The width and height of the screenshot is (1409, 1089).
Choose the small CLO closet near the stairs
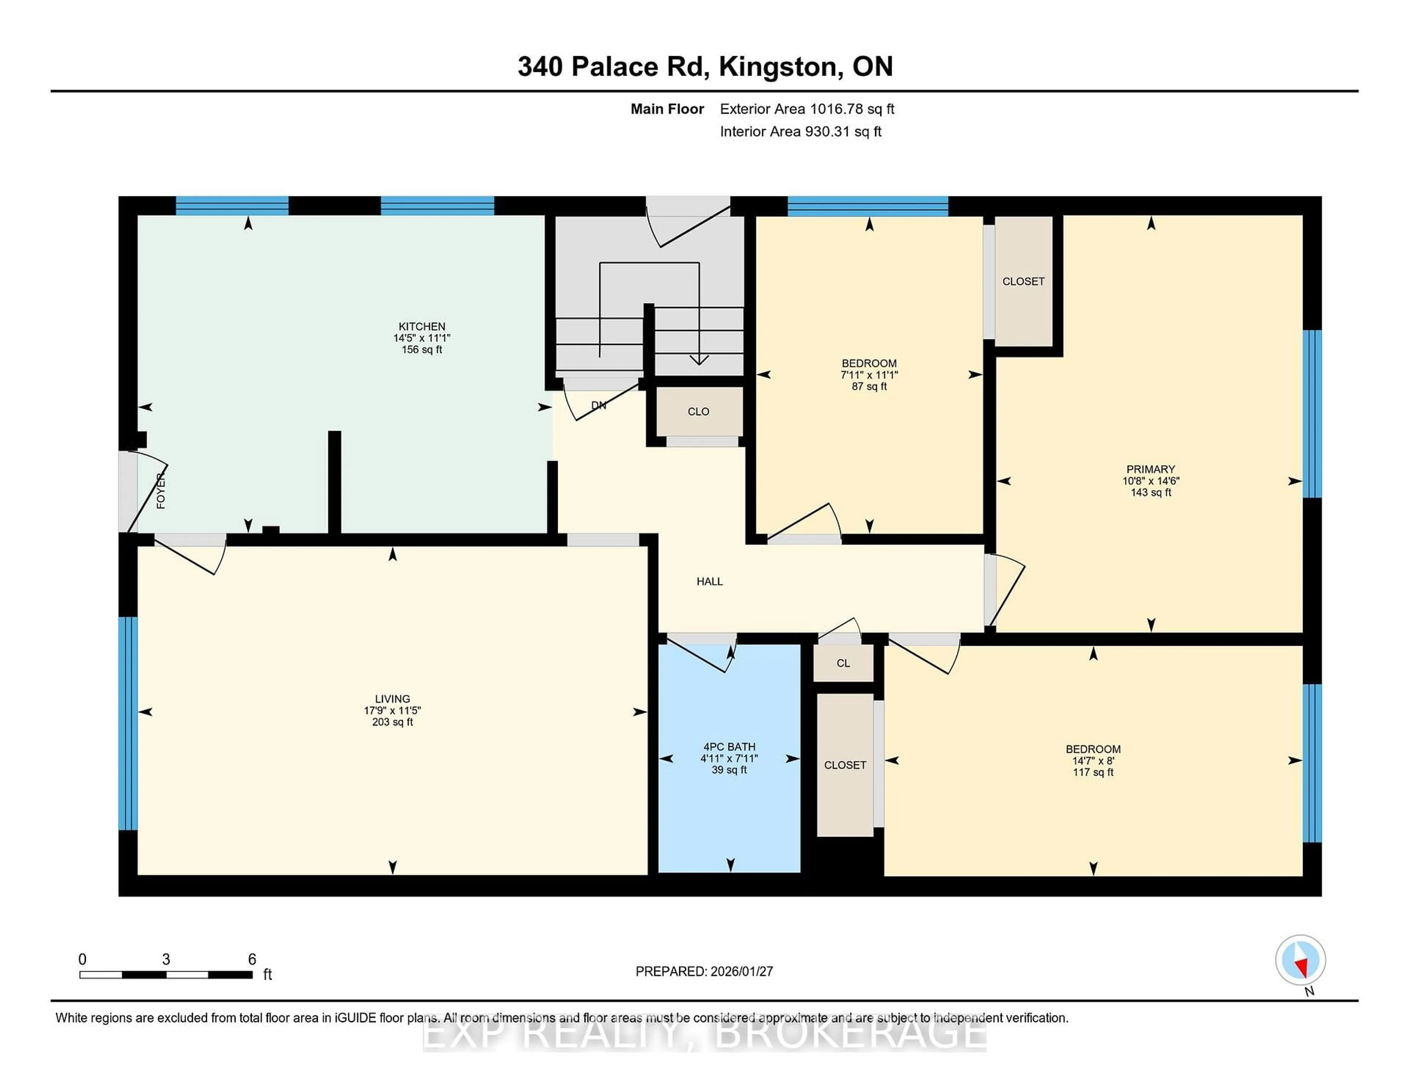[x=698, y=412]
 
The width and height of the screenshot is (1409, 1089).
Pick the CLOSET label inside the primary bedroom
[x=1023, y=281]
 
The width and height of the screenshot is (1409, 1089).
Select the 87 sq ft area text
[x=869, y=386]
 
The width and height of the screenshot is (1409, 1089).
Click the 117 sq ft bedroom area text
[x=1092, y=772]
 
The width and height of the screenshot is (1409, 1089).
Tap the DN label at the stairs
[x=599, y=405]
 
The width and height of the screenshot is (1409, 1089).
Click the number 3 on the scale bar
[x=166, y=959]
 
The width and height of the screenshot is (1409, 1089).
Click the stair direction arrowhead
[x=699, y=360]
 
